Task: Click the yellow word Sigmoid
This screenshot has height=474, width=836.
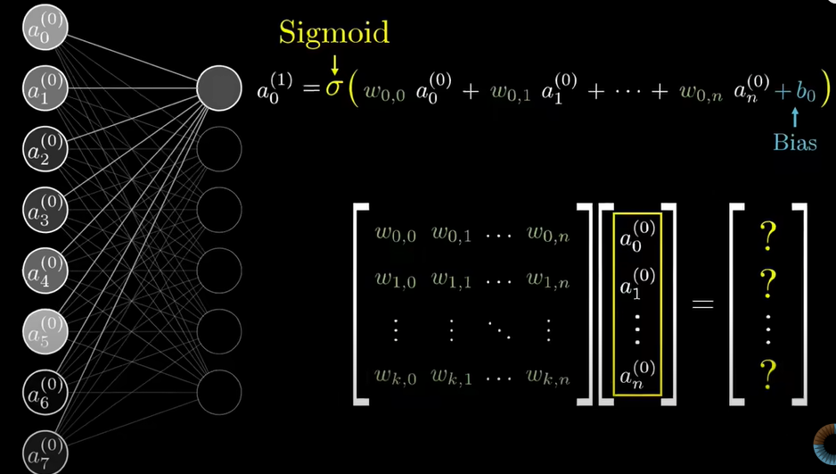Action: [334, 33]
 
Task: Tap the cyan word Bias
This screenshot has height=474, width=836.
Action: [795, 142]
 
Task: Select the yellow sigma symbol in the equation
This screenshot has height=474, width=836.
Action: [333, 90]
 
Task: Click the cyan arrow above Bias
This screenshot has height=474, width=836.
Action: [794, 115]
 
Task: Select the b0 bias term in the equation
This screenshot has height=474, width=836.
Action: [806, 90]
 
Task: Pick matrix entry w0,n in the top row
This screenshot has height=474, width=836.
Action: [546, 235]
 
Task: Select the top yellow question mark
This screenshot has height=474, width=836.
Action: [766, 237]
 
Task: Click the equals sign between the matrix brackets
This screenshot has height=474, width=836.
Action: [703, 304]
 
